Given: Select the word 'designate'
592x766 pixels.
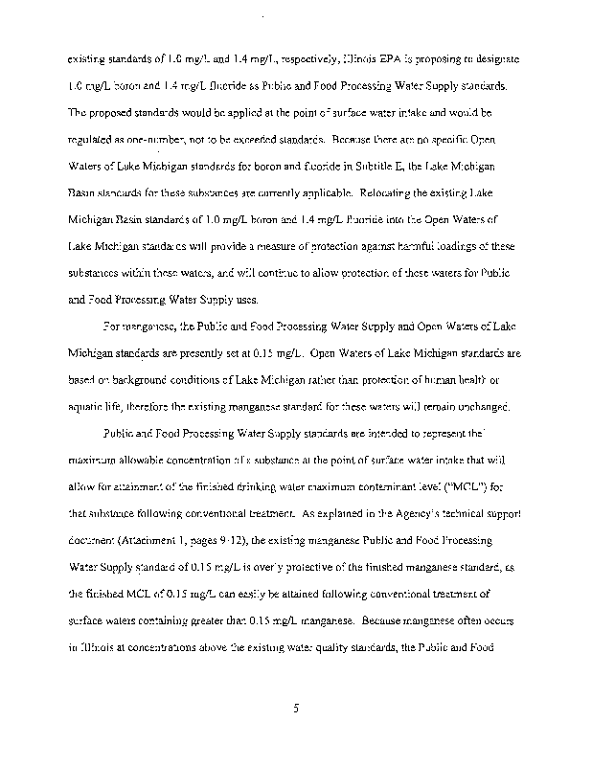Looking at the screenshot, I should tap(492, 59).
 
